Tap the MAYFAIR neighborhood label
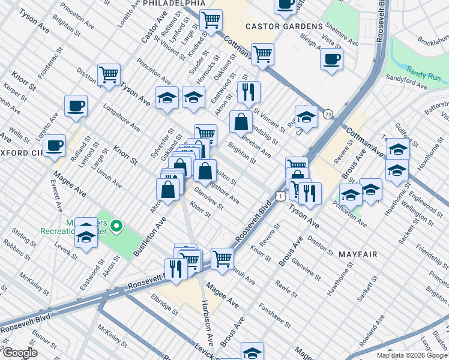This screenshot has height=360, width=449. [358, 254]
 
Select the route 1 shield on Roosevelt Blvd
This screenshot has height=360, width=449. [280, 196]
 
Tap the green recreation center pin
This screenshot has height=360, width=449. [118, 227]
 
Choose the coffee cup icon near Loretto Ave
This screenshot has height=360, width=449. [76, 106]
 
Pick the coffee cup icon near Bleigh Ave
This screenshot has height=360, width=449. [331, 59]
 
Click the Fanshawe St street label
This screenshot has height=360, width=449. [275, 316]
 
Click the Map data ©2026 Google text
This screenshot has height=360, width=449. [411, 355]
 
